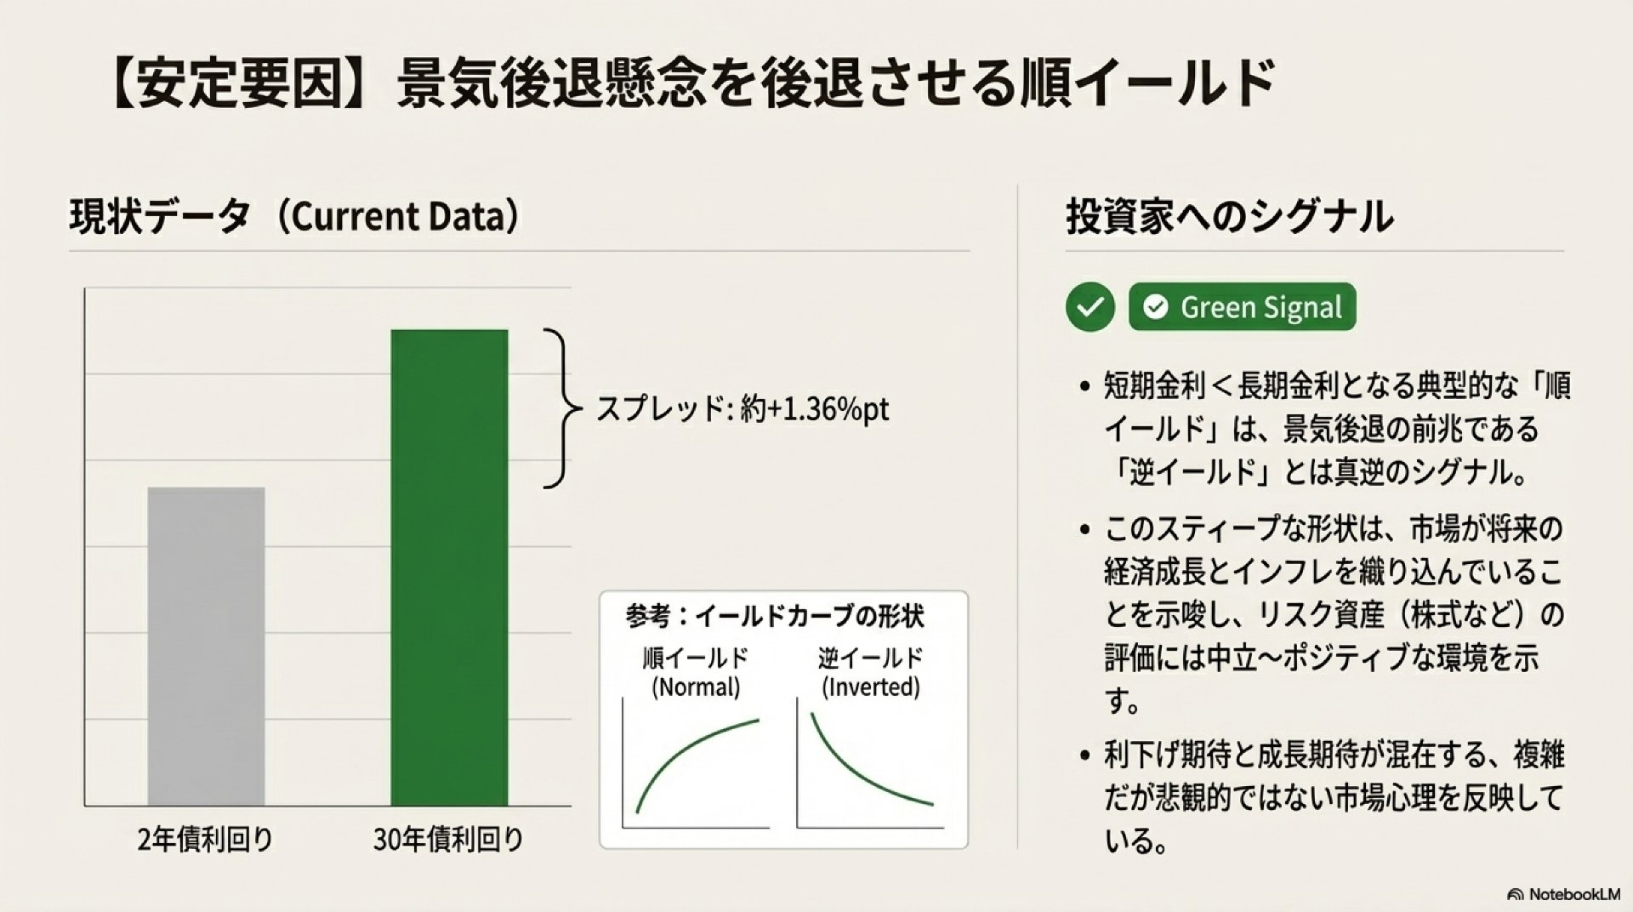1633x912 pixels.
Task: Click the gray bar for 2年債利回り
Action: (x=207, y=647)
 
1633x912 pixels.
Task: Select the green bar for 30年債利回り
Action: (x=449, y=567)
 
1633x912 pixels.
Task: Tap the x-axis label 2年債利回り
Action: (x=206, y=841)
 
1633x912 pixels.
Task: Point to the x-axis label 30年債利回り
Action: (x=448, y=841)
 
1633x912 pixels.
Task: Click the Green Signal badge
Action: (x=1243, y=307)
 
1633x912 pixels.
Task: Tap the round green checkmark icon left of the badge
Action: (x=1090, y=307)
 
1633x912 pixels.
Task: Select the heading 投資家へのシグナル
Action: (x=1230, y=217)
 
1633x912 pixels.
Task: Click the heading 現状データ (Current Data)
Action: (x=294, y=217)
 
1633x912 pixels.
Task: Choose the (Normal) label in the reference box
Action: (x=696, y=687)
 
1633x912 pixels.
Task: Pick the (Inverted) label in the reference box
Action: (x=870, y=687)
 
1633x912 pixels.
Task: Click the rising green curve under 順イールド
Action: (x=686, y=753)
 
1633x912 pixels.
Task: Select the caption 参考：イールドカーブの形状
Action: (x=775, y=616)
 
